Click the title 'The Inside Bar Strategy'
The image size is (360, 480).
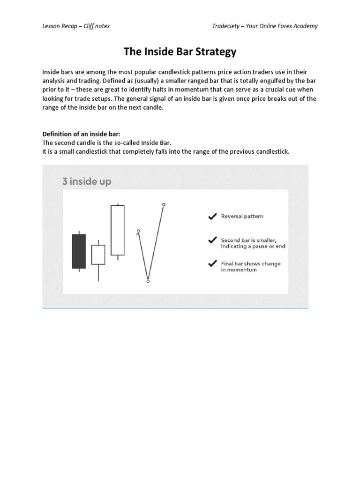pos(180,52)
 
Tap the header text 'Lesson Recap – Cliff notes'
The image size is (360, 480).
pos(76,26)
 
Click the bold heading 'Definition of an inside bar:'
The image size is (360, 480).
pos(82,134)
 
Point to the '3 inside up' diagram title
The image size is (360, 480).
pos(87,181)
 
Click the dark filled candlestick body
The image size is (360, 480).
pos(79,251)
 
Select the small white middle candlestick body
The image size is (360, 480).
pos(98,255)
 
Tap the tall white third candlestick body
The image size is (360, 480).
pos(118,230)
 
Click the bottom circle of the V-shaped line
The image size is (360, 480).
pos(148,281)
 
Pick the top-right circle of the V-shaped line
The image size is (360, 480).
pos(164,204)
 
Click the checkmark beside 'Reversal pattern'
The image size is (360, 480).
pos(212,217)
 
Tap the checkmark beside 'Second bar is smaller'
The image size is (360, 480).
pos(212,240)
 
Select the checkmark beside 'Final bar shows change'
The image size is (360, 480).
pos(212,263)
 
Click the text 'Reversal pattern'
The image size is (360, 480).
pos(242,217)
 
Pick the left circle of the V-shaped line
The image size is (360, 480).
pos(138,231)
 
